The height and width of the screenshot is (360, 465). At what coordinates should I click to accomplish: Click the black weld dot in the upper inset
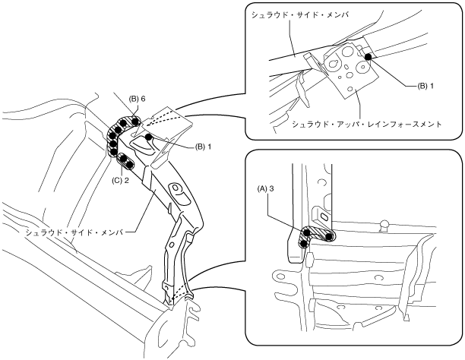[367, 56]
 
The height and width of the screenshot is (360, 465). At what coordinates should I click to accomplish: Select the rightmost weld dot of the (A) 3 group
[328, 236]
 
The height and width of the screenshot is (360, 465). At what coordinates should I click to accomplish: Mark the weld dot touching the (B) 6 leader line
[134, 118]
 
